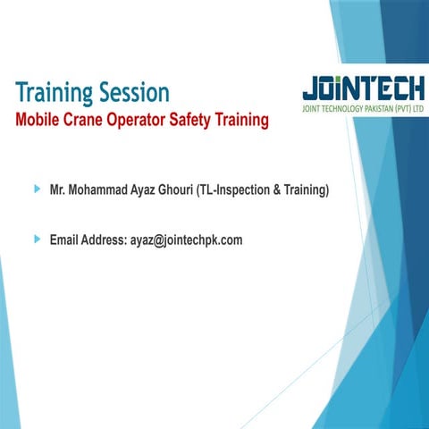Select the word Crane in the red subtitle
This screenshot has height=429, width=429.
84,119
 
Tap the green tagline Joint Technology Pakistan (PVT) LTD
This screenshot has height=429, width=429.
364,110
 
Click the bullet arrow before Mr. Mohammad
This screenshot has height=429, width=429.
37,189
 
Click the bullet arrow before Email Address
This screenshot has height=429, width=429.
37,239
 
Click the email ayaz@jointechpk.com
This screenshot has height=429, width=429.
187,240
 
